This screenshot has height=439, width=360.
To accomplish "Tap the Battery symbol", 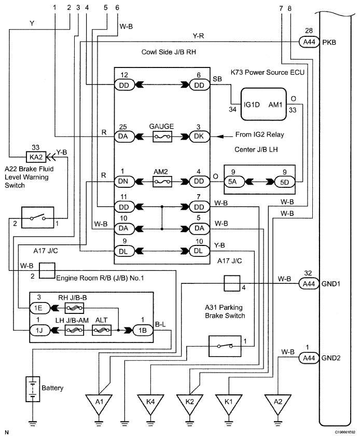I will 33,389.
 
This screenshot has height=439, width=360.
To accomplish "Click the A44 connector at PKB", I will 309,42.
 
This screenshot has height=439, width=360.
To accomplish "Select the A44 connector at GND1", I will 309,283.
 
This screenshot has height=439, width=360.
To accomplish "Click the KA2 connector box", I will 35,156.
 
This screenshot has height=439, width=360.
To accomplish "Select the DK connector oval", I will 191,137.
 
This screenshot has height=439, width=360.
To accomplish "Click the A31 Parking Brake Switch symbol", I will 224,345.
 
